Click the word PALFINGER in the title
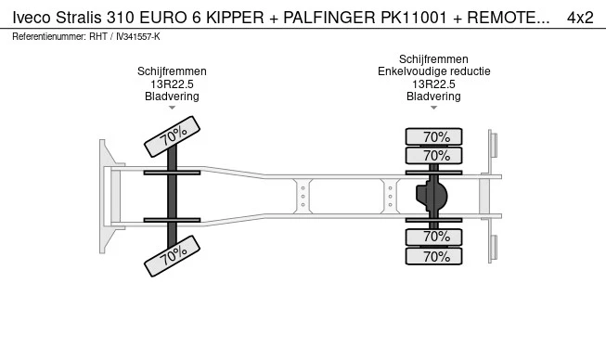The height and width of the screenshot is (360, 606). click(329, 18)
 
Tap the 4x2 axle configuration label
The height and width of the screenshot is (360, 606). click(580, 18)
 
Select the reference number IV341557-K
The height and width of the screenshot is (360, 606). click(138, 37)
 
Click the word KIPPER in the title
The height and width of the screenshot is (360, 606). click(235, 18)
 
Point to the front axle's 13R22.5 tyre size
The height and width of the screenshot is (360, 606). click(172, 84)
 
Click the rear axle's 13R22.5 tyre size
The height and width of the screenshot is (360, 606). click(433, 84)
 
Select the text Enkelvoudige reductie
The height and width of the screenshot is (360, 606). click(434, 71)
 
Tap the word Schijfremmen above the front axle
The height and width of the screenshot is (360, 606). click(172, 71)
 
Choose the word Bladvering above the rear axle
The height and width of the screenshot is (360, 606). click(433, 96)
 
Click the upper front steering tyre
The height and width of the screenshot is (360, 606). click(172, 136)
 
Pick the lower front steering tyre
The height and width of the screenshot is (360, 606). click(172, 256)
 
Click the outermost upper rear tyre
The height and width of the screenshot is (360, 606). click(433, 136)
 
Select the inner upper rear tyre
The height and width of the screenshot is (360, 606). click(433, 156)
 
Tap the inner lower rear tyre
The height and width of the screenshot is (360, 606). click(433, 237)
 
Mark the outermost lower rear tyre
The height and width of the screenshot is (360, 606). click(433, 256)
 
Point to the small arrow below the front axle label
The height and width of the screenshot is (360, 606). click(172, 108)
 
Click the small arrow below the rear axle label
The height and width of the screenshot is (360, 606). click(433, 108)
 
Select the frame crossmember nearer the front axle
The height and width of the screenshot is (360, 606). click(303, 196)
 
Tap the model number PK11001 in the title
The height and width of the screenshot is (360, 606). click(414, 18)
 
